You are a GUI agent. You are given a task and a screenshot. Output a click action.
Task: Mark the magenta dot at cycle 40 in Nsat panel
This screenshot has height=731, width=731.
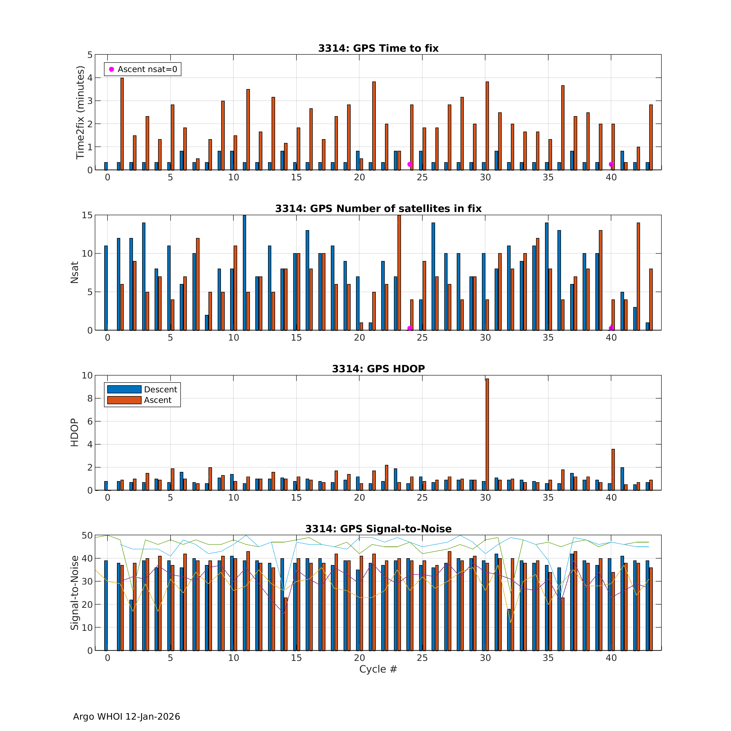pyautogui.click(x=611, y=328)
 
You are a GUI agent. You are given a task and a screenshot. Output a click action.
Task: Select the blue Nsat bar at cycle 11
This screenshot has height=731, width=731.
pyautogui.click(x=244, y=272)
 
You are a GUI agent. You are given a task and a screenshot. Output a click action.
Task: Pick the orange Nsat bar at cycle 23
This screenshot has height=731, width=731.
pyautogui.click(x=399, y=272)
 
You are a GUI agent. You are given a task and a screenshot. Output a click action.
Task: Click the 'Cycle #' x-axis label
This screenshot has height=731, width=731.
pyautogui.click(x=378, y=669)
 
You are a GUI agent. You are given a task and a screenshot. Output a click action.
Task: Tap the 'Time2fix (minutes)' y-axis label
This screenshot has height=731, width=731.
pyautogui.click(x=80, y=112)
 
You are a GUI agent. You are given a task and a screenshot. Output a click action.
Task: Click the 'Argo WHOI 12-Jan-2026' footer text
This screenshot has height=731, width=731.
pyautogui.click(x=126, y=717)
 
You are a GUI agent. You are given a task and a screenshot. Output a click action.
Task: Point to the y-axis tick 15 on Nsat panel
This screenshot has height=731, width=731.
pyautogui.click(x=87, y=215)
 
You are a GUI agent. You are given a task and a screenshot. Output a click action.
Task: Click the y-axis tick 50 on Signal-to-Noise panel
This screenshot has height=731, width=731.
pyautogui.click(x=87, y=535)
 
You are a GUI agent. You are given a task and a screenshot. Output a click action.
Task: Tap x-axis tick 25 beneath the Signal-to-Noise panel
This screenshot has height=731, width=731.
pyautogui.click(x=422, y=658)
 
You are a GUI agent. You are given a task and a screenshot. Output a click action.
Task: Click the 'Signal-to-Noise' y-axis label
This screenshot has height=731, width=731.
pyautogui.click(x=74, y=593)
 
